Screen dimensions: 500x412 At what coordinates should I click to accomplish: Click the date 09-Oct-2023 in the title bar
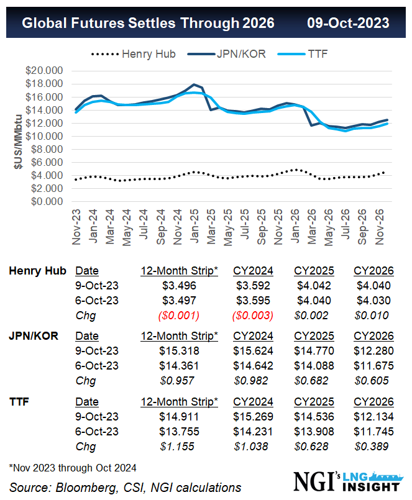click(x=348, y=23)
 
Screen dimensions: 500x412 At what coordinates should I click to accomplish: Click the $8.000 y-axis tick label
click(x=46, y=149)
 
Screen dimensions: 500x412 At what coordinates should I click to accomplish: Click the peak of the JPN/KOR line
click(x=195, y=84)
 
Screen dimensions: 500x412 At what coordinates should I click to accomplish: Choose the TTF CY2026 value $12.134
click(x=373, y=417)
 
